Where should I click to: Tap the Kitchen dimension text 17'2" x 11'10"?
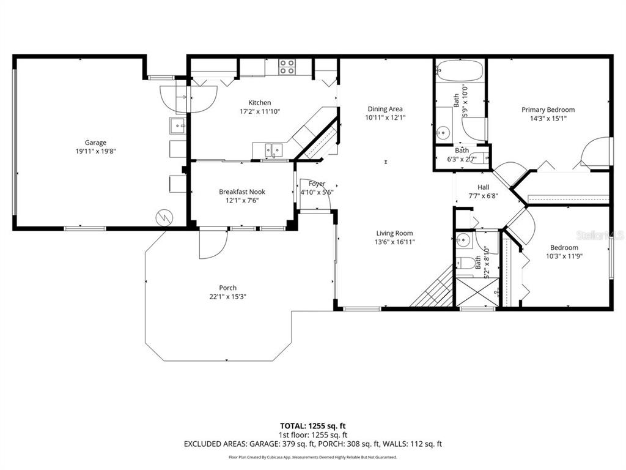(x=259, y=112)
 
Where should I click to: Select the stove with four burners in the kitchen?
(x=287, y=67)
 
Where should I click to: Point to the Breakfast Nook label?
(x=242, y=192)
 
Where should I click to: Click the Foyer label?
(x=317, y=184)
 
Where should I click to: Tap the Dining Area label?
(x=385, y=109)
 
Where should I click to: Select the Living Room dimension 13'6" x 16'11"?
(x=394, y=242)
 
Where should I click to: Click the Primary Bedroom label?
(x=548, y=110)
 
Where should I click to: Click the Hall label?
(x=483, y=188)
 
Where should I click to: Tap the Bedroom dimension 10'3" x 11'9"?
(x=564, y=256)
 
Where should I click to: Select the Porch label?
(x=228, y=288)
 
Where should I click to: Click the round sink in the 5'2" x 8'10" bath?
(x=463, y=239)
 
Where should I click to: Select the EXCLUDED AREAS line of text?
(x=312, y=444)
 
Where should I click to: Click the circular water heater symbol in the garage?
(x=164, y=217)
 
